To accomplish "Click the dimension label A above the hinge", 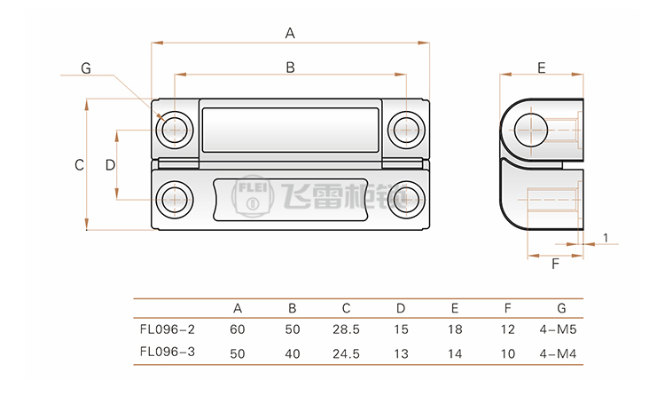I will [290, 34].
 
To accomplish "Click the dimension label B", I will [290, 66].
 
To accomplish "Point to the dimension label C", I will [78, 164].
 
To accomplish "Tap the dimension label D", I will [110, 164].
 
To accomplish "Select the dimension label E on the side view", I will [541, 67].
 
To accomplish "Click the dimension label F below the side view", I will [555, 264].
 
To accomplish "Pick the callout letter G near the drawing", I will [85, 68].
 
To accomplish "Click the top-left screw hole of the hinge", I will [176, 129].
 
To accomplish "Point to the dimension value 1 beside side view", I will [605, 237].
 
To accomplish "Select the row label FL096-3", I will [168, 352].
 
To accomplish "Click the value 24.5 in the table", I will [347, 352].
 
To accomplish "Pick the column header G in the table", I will [561, 309].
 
